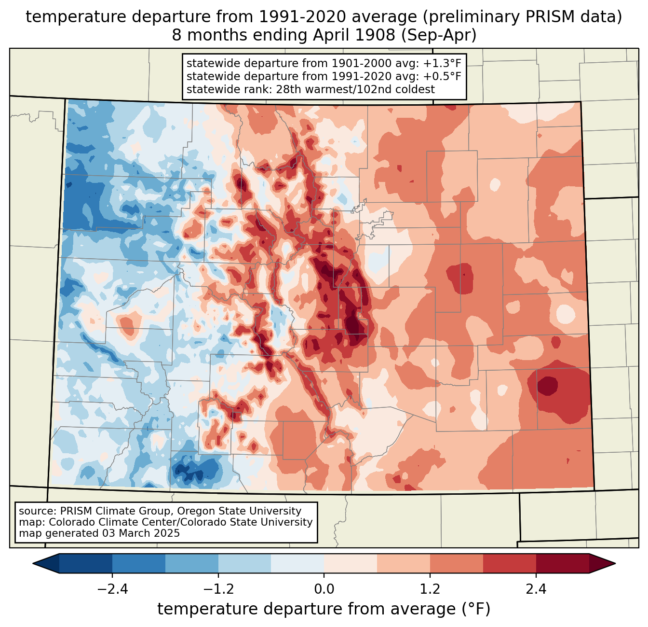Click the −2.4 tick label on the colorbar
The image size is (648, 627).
click(x=112, y=589)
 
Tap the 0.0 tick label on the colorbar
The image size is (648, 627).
click(x=324, y=589)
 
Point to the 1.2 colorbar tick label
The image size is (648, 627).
click(x=430, y=589)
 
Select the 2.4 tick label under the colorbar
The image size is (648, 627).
click(x=536, y=589)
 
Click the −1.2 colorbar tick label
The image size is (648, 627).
click(x=218, y=589)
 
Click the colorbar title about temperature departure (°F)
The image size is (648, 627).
click(x=324, y=609)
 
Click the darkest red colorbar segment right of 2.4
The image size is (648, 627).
click(x=562, y=563)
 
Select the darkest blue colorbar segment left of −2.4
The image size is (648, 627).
click(x=86, y=563)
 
